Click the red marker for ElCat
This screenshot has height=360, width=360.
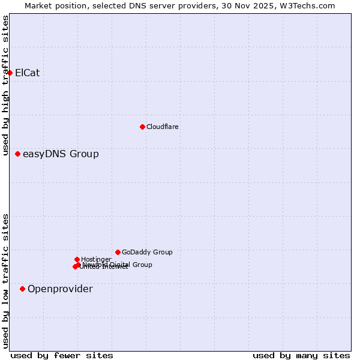(x=10, y=73)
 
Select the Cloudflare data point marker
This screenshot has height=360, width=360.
(x=142, y=127)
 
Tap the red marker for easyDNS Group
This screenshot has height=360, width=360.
(x=17, y=154)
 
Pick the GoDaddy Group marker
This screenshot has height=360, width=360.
(x=118, y=252)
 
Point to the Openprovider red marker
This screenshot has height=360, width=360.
(x=22, y=289)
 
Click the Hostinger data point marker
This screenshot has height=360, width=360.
(x=77, y=259)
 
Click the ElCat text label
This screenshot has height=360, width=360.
(x=28, y=73)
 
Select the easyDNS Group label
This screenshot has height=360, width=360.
(x=61, y=154)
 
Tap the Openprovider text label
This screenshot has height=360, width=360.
(x=60, y=289)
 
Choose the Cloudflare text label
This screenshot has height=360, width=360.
(x=163, y=127)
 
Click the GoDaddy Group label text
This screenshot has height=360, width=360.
(x=147, y=252)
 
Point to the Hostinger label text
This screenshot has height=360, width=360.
(x=96, y=259)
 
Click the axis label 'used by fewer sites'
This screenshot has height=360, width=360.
(x=62, y=355)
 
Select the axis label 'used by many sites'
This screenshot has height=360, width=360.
(x=301, y=355)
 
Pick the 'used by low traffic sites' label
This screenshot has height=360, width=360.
(x=6, y=281)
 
